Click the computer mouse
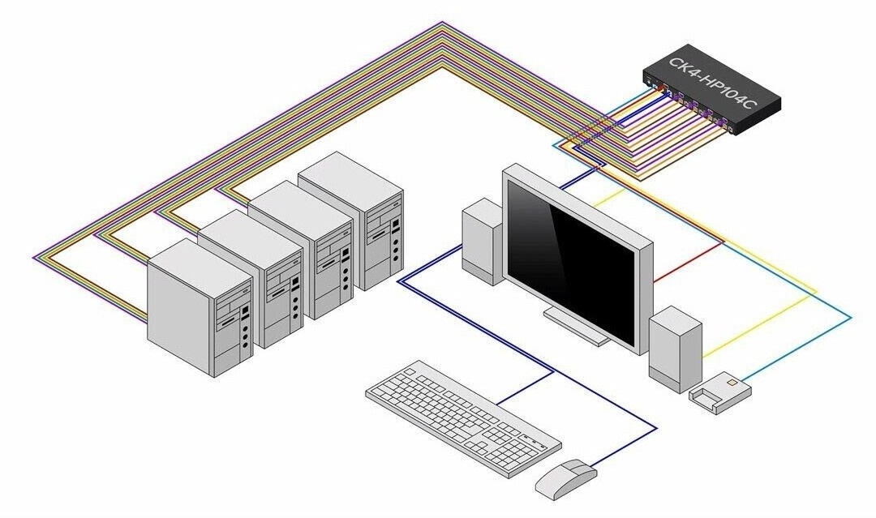tap(566, 478)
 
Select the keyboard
tap(463, 417)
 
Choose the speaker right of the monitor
tap(675, 349)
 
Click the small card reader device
tap(720, 392)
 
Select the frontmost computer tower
tap(200, 307)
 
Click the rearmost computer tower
tap(351, 220)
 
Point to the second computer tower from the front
tap(251, 278)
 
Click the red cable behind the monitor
tap(689, 262)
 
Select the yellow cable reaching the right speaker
tap(757, 326)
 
